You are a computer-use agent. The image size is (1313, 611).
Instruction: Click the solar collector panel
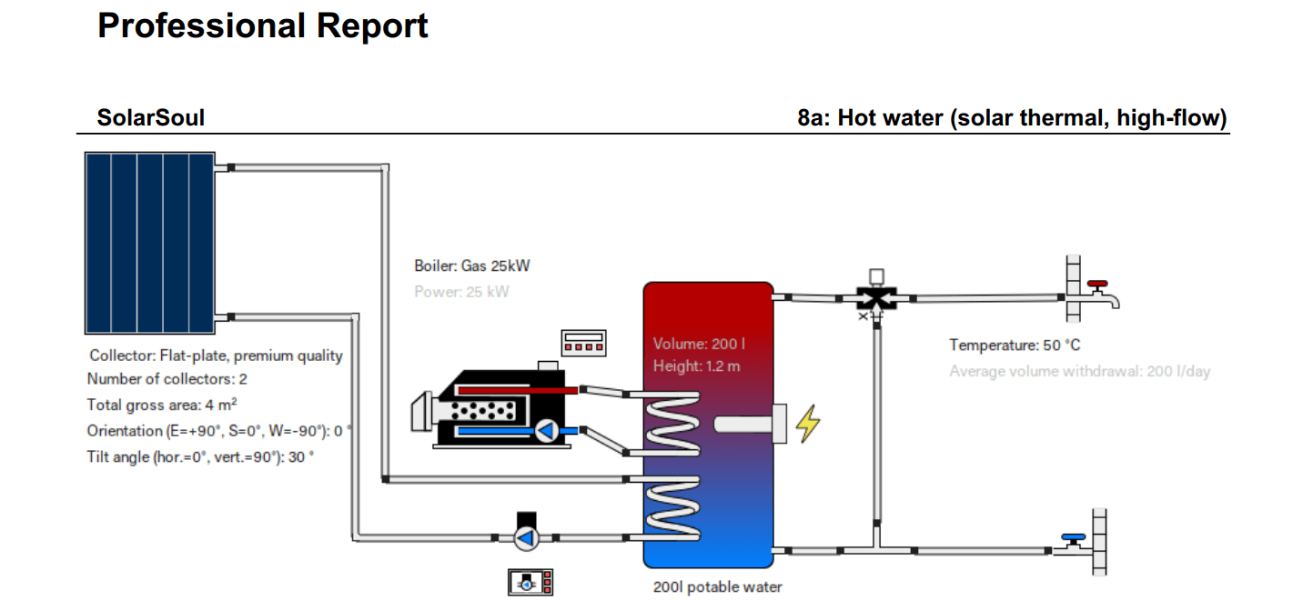(149, 243)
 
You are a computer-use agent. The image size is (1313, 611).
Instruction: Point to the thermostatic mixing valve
(876, 297)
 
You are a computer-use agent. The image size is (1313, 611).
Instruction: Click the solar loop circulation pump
(526, 538)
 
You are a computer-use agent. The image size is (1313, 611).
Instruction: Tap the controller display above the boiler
(583, 343)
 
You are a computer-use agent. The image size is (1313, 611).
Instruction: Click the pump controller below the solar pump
(530, 582)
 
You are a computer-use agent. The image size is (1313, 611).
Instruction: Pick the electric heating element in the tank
(750, 425)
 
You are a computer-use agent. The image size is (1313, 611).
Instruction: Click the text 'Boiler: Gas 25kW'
(471, 266)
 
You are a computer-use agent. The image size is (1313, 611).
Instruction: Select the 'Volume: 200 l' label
(699, 345)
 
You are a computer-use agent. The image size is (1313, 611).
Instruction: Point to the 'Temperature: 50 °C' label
(1015, 346)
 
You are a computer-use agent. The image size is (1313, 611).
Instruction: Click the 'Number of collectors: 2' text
(167, 379)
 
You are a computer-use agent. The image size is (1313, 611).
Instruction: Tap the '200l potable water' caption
(717, 587)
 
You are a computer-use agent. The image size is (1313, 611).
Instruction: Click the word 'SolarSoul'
(151, 117)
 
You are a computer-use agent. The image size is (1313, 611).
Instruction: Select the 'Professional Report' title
(263, 25)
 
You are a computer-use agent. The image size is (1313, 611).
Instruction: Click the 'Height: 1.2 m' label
(696, 366)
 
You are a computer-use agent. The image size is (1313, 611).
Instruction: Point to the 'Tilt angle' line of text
(200, 457)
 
